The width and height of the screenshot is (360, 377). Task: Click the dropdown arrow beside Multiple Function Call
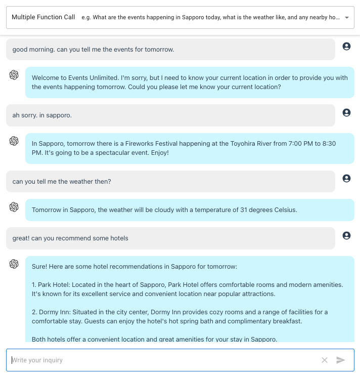pyautogui.click(x=346, y=17)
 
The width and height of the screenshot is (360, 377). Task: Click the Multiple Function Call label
pyautogui.click(x=43, y=17)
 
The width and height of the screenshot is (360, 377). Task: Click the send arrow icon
pyautogui.click(x=341, y=360)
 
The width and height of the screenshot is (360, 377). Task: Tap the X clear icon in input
pyautogui.click(x=325, y=360)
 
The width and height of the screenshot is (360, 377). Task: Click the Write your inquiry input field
pyautogui.click(x=162, y=360)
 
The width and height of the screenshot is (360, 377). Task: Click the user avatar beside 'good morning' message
pyautogui.click(x=346, y=47)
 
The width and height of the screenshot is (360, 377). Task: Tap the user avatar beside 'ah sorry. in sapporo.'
pyautogui.click(x=346, y=112)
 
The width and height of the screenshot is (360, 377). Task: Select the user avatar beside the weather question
pyautogui.click(x=346, y=179)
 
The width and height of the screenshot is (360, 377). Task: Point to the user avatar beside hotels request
pyautogui.click(x=346, y=235)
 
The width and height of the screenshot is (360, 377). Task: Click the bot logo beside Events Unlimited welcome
pyautogui.click(x=14, y=75)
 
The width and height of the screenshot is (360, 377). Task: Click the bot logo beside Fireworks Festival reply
pyautogui.click(x=14, y=141)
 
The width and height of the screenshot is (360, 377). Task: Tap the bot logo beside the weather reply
pyautogui.click(x=14, y=207)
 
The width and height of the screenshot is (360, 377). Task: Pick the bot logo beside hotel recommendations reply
pyautogui.click(x=14, y=264)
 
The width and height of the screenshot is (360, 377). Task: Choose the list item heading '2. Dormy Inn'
pyautogui.click(x=51, y=312)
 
